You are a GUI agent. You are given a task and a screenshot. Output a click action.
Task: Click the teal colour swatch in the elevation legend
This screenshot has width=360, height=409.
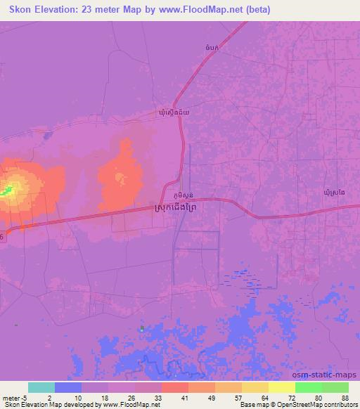point(41,388)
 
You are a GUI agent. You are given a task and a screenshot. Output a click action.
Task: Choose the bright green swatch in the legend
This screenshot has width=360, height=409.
point(309,388)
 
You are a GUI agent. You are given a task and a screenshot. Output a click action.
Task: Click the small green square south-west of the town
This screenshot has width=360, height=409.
point(141,328)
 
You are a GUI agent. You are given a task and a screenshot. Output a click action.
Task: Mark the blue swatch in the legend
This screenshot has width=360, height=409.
point(68,388)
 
